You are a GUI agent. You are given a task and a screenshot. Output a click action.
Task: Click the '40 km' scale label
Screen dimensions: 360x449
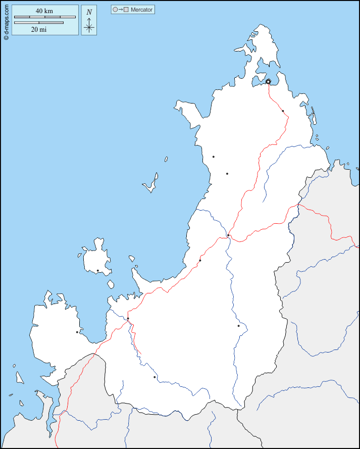point(44,11)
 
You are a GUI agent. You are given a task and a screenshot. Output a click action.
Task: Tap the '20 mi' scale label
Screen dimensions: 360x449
point(38,29)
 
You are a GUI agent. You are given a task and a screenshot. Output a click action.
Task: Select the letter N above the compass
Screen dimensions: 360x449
point(89,12)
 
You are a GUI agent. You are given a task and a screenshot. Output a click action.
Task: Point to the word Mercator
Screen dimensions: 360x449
point(141,10)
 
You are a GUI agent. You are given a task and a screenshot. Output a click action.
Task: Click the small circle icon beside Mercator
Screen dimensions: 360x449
point(115,10)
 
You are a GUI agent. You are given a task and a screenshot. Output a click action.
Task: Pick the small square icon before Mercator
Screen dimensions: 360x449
point(126,10)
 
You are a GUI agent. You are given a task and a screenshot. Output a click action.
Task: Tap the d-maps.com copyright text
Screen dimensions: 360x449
point(6,20)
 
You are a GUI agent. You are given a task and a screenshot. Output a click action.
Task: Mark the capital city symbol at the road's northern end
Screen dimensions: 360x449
point(268,81)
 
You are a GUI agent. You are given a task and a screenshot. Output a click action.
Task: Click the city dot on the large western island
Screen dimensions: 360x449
point(97,271)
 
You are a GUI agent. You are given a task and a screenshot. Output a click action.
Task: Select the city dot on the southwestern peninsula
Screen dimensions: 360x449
point(77,332)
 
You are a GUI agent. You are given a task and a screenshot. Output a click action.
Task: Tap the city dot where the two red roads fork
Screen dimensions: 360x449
point(228,235)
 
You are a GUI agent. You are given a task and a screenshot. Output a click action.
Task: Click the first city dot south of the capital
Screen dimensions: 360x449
point(283,111)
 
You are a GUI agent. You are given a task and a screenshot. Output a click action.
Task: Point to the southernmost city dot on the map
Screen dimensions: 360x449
point(155,377)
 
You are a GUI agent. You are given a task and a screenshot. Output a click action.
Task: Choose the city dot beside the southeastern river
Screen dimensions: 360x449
point(238,326)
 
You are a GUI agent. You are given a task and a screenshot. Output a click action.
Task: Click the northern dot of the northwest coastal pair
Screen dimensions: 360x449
point(214,157)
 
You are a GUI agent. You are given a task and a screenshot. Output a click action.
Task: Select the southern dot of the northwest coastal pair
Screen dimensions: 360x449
point(227,174)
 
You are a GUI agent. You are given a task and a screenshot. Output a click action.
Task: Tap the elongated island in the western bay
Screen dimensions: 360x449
point(151,184)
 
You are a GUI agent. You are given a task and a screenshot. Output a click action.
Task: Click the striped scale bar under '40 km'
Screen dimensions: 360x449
point(44,17)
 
